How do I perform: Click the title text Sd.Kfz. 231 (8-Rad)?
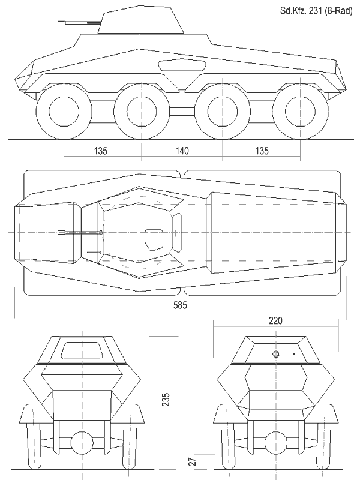[316, 11]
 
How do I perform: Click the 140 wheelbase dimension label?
[182, 151]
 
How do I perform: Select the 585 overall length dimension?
[180, 305]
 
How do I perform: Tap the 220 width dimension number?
[275, 320]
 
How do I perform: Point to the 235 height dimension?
[166, 400]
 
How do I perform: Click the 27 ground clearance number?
[192, 462]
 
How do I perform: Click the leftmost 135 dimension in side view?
[100, 151]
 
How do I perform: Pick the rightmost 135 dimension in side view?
[262, 151]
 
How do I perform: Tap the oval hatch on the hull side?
[182, 65]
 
